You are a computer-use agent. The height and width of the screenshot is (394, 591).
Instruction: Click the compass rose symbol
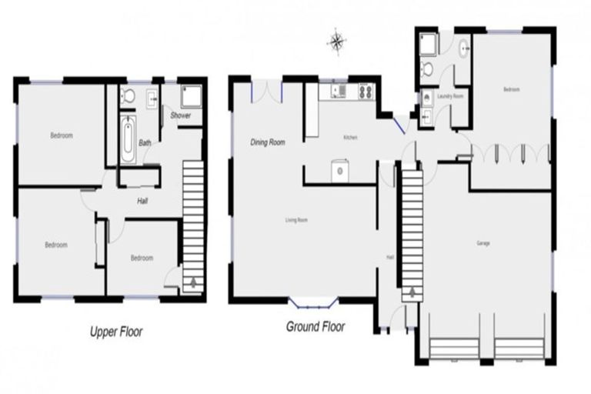click(x=337, y=42)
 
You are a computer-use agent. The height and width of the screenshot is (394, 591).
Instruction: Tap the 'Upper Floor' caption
click(x=116, y=332)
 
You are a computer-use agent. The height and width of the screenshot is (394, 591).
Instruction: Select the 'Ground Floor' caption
click(x=316, y=326)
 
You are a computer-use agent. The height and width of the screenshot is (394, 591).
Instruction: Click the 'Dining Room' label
click(x=268, y=142)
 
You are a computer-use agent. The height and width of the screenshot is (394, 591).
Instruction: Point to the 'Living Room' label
click(x=296, y=221)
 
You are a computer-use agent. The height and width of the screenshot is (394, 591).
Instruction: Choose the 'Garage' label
click(x=483, y=243)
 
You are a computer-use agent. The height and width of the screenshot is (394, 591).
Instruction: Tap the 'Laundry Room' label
click(x=449, y=96)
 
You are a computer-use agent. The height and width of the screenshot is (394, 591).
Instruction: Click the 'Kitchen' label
click(x=350, y=137)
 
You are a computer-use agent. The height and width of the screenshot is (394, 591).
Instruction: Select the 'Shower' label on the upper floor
click(x=181, y=116)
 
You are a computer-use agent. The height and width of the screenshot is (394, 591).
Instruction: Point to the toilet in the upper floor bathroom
click(x=129, y=95)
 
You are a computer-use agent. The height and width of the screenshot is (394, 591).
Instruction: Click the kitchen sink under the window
click(x=339, y=92)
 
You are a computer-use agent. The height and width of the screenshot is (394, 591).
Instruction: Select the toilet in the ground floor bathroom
click(x=428, y=70)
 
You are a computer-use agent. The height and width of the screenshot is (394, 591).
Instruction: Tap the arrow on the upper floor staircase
click(x=191, y=282)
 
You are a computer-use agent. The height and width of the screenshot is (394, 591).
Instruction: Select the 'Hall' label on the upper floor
click(x=142, y=202)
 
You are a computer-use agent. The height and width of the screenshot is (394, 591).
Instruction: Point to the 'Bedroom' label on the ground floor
click(x=511, y=89)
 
